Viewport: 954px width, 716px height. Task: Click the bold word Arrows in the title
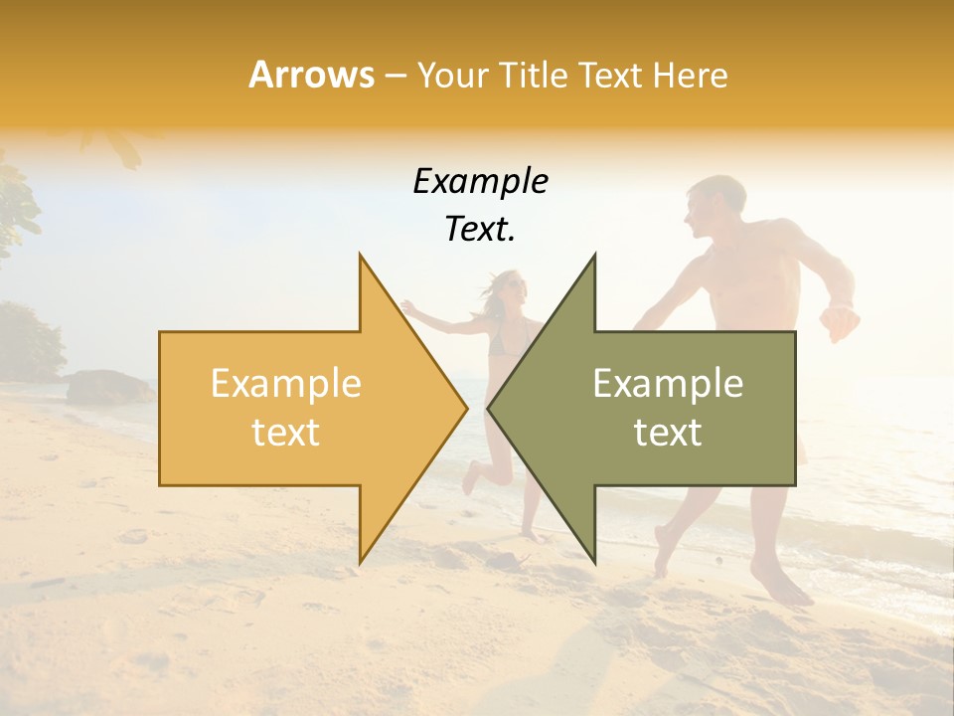312,75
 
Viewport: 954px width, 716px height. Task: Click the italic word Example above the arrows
480,181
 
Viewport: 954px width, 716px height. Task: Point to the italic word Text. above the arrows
480,230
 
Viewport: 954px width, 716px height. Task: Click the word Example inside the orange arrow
285,383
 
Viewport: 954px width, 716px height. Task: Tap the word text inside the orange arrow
285,433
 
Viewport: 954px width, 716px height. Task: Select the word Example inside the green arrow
668,383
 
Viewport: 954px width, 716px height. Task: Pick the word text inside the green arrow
668,433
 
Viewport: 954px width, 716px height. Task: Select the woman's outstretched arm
437,320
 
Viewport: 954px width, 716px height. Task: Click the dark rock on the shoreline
104,386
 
